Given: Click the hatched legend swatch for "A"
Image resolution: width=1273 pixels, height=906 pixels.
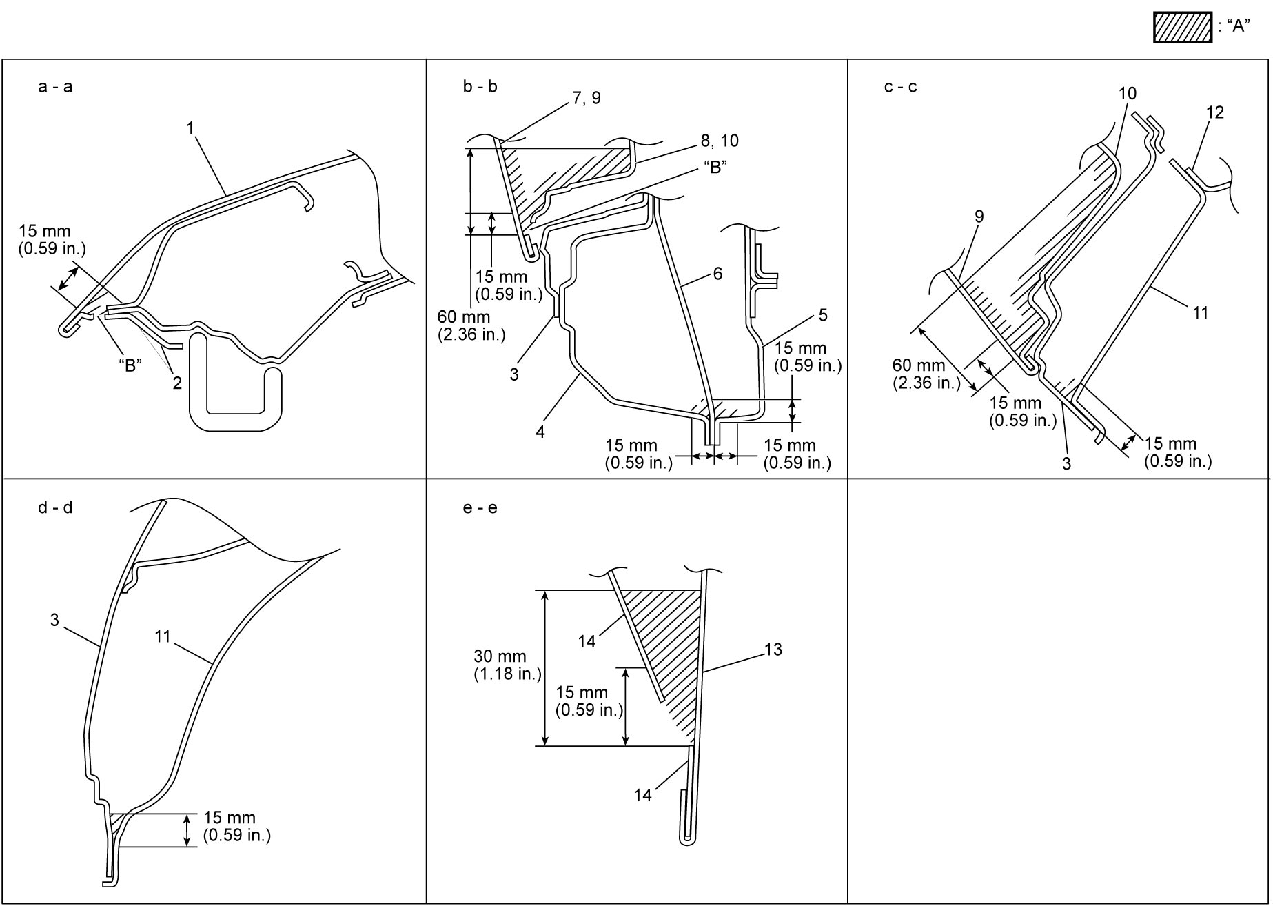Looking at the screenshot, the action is click(1182, 27).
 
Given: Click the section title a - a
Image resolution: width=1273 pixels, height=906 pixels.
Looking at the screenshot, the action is click(55, 87).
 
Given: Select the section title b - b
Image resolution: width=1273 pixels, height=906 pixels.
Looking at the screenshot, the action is click(480, 87).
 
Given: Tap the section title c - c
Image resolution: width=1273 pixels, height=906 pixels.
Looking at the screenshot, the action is click(901, 87).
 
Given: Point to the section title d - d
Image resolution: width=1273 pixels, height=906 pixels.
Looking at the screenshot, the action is click(55, 508).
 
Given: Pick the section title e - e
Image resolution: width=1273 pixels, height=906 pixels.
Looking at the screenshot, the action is click(480, 508).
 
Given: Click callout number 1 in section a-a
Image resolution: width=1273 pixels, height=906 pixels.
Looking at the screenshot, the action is click(190, 128).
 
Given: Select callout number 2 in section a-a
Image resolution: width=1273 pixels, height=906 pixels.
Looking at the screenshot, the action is click(177, 383).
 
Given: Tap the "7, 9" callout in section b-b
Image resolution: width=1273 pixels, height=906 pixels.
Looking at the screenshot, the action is click(587, 99).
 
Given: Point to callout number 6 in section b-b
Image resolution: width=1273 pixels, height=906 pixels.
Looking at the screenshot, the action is click(717, 274).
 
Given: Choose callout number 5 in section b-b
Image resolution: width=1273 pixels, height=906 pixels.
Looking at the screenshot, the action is click(823, 316).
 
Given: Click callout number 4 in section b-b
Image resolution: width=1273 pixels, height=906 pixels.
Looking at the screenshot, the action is click(540, 432).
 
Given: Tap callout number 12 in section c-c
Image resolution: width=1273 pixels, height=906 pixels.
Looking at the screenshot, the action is click(1215, 112).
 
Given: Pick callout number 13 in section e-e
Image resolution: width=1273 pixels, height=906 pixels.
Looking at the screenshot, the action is click(773, 650).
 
